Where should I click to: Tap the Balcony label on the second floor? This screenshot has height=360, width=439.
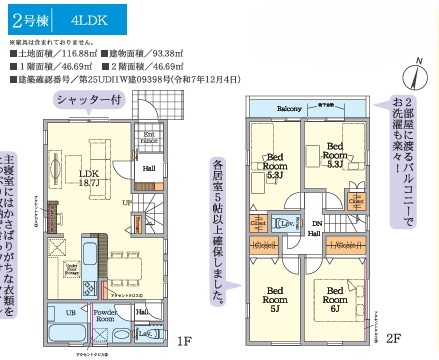(289, 108)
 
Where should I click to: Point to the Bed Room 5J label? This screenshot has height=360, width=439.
(274, 297)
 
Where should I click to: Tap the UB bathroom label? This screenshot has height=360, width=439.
(71, 312)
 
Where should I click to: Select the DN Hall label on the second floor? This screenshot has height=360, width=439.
(313, 227)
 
